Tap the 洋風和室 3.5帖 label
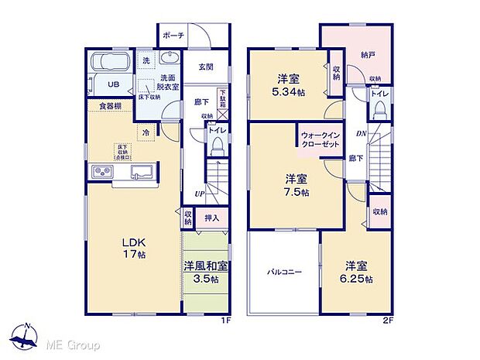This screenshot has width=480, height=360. [x=205, y=272]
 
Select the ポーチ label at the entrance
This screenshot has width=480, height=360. [x=173, y=36]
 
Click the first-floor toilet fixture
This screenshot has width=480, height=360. [x=218, y=146]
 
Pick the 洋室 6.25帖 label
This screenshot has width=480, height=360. [x=358, y=272]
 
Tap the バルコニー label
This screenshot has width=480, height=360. [x=284, y=273]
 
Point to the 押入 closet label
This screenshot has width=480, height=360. [x=211, y=219]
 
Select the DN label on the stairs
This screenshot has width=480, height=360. [x=359, y=133]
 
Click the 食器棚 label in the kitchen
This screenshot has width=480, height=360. [x=108, y=107]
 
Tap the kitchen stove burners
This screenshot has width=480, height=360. [x=103, y=172]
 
